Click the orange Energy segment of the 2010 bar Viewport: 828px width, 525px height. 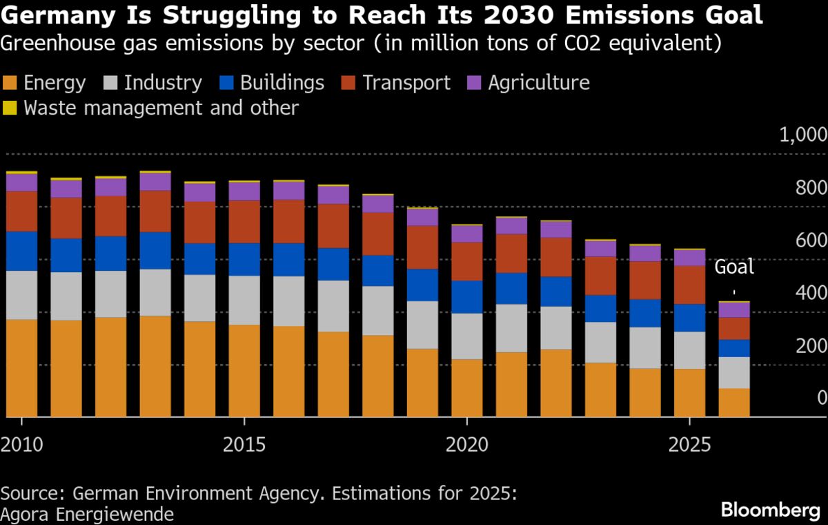tap(21, 367)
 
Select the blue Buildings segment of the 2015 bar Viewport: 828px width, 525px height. tap(244, 259)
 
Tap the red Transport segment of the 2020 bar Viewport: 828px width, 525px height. tap(466, 261)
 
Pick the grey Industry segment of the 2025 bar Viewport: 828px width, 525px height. tap(689, 350)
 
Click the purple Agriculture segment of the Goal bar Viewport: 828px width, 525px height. tap(733, 309)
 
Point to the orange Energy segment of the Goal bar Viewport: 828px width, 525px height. tap(733, 402)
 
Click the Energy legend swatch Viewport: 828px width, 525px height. tap(10, 84)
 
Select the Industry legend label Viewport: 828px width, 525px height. tap(163, 84)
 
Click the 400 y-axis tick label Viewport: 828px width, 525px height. tap(812, 293)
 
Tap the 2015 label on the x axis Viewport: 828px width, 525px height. tap(244, 444)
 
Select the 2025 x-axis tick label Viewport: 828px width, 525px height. tap(689, 444)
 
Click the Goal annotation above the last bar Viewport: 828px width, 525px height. tap(733, 267)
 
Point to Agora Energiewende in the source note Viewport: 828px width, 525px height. tap(87, 514)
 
